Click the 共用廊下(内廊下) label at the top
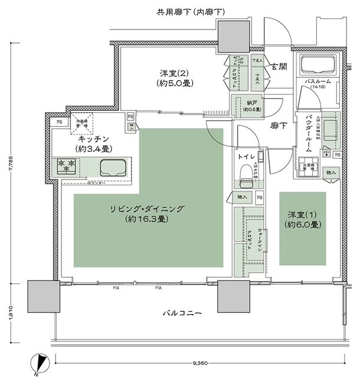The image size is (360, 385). pyautogui.click(x=180, y=11)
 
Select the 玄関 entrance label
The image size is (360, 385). pyautogui.click(x=279, y=67)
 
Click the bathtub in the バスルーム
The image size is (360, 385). pyautogui.click(x=319, y=66)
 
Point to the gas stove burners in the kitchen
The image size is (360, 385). pyautogui.click(x=68, y=166)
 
